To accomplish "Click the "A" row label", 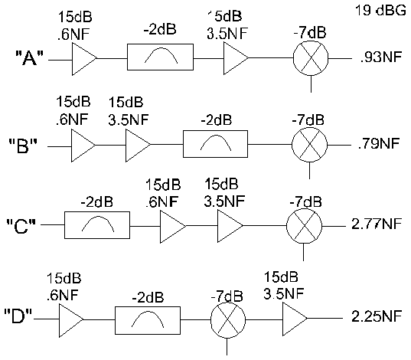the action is pyautogui.click(x=29, y=58).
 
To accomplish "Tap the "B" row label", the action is pyautogui.click(x=23, y=146).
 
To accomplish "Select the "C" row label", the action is pyautogui.click(x=21, y=226).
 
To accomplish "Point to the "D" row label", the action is pyautogui.click(x=18, y=316).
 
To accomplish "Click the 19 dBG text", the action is pyautogui.click(x=380, y=11).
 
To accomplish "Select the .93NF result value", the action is pyautogui.click(x=381, y=57).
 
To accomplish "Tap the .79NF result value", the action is pyautogui.click(x=379, y=143).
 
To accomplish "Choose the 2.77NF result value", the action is pyautogui.click(x=377, y=224).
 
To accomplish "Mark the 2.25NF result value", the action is pyautogui.click(x=377, y=316).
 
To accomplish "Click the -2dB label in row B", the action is pyautogui.click(x=217, y=120).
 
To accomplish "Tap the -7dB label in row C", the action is pyautogui.click(x=305, y=201).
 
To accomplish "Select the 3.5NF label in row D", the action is pyautogui.click(x=284, y=293).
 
